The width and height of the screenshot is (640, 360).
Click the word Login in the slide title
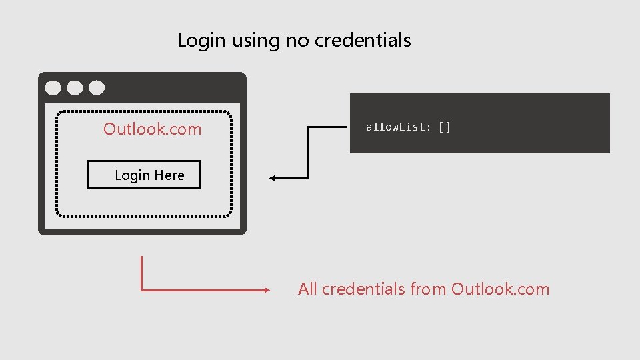tap(202, 41)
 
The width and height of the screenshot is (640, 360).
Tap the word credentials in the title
tap(363, 40)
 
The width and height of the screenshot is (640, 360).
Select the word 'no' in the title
tap(297, 41)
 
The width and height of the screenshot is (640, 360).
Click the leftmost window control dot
tap(53, 87)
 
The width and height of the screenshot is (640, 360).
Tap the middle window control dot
tap(75, 87)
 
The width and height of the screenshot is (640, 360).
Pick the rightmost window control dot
tap(97, 87)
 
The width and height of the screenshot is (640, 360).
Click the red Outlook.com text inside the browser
tap(152, 129)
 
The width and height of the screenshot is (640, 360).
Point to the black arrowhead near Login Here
tap(273, 178)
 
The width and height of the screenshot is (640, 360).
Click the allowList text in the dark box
tap(398, 127)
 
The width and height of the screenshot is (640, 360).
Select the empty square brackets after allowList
tap(445, 127)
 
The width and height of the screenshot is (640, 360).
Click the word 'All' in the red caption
tap(307, 289)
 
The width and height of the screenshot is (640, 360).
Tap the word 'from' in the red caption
tap(429, 289)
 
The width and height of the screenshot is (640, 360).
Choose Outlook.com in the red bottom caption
tap(500, 289)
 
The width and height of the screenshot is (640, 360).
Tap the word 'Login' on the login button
tap(132, 175)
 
